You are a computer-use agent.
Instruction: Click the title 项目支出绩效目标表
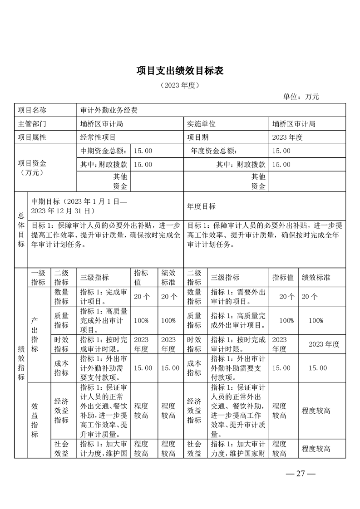pos(180,71)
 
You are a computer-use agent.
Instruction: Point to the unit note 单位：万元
pos(301,97)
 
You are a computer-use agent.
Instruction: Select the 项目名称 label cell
pos(32,110)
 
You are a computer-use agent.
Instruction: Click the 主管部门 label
pos(32,123)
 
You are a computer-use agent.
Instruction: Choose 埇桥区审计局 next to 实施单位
pos(294,123)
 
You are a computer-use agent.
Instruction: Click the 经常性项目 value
pos(98,137)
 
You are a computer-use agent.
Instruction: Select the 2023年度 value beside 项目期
pos(287,137)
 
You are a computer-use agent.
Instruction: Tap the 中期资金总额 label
pos(104,151)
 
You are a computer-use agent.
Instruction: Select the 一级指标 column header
pos(38,277)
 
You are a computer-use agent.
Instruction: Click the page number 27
pos(300,474)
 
